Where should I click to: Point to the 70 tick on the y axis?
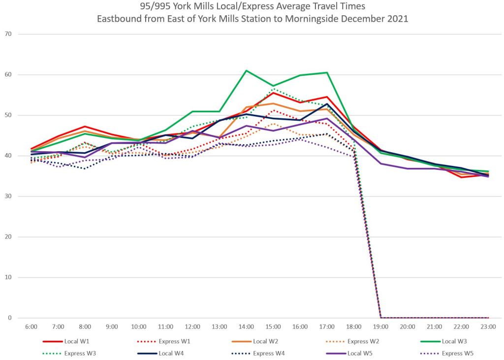pos(22,34)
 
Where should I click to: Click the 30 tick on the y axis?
pos(22,196)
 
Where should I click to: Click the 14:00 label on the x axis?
pos(246,327)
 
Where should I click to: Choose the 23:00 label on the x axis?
pos(488,327)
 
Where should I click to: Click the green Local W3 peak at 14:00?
pos(246,70)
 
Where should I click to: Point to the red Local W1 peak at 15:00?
pos(273,93)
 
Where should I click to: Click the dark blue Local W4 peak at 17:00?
pos(327,104)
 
